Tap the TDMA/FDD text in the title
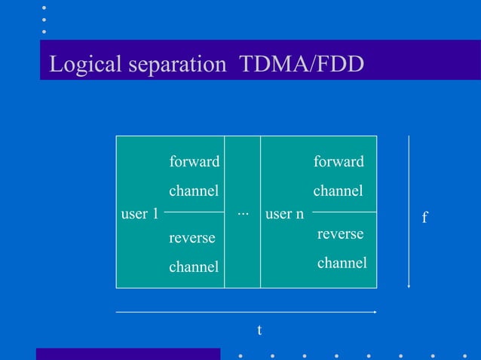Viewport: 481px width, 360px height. point(301,65)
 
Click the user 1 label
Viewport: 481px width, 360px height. point(139,214)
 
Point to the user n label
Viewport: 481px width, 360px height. point(285,214)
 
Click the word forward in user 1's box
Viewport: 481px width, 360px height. point(194,161)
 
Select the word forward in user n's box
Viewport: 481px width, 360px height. point(339,161)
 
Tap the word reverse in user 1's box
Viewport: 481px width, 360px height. point(191,238)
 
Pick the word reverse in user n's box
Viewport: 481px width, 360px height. point(340,234)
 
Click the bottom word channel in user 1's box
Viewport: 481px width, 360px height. point(194,267)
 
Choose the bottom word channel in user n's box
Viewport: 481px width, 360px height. point(342,263)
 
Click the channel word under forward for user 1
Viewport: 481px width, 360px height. point(194,191)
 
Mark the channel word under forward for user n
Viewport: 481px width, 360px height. point(339,191)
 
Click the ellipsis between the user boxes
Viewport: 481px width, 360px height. point(242,214)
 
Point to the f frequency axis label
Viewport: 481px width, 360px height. point(424,218)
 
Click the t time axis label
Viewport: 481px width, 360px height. point(259,330)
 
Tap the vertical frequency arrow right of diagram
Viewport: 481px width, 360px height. point(408,212)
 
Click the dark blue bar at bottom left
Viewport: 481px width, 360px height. point(127,354)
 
